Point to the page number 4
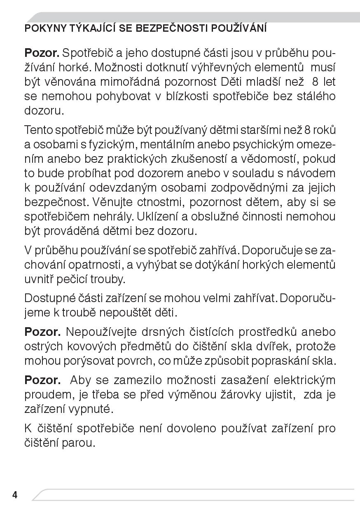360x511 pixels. pyautogui.click(x=15, y=495)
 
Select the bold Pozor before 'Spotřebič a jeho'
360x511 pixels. pyautogui.click(x=42, y=53)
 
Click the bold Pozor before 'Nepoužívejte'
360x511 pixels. pyautogui.click(x=42, y=332)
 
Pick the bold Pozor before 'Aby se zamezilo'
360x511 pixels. pyautogui.click(x=42, y=380)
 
